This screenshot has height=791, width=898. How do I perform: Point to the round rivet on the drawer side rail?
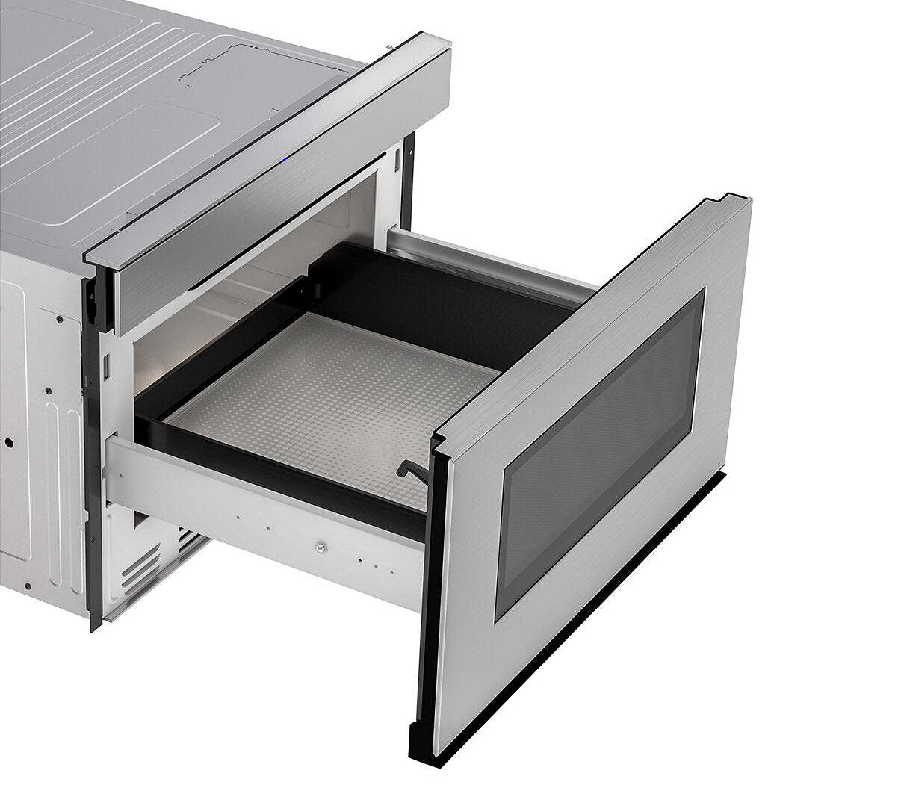321,548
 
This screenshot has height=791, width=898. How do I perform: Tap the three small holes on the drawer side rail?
371,562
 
